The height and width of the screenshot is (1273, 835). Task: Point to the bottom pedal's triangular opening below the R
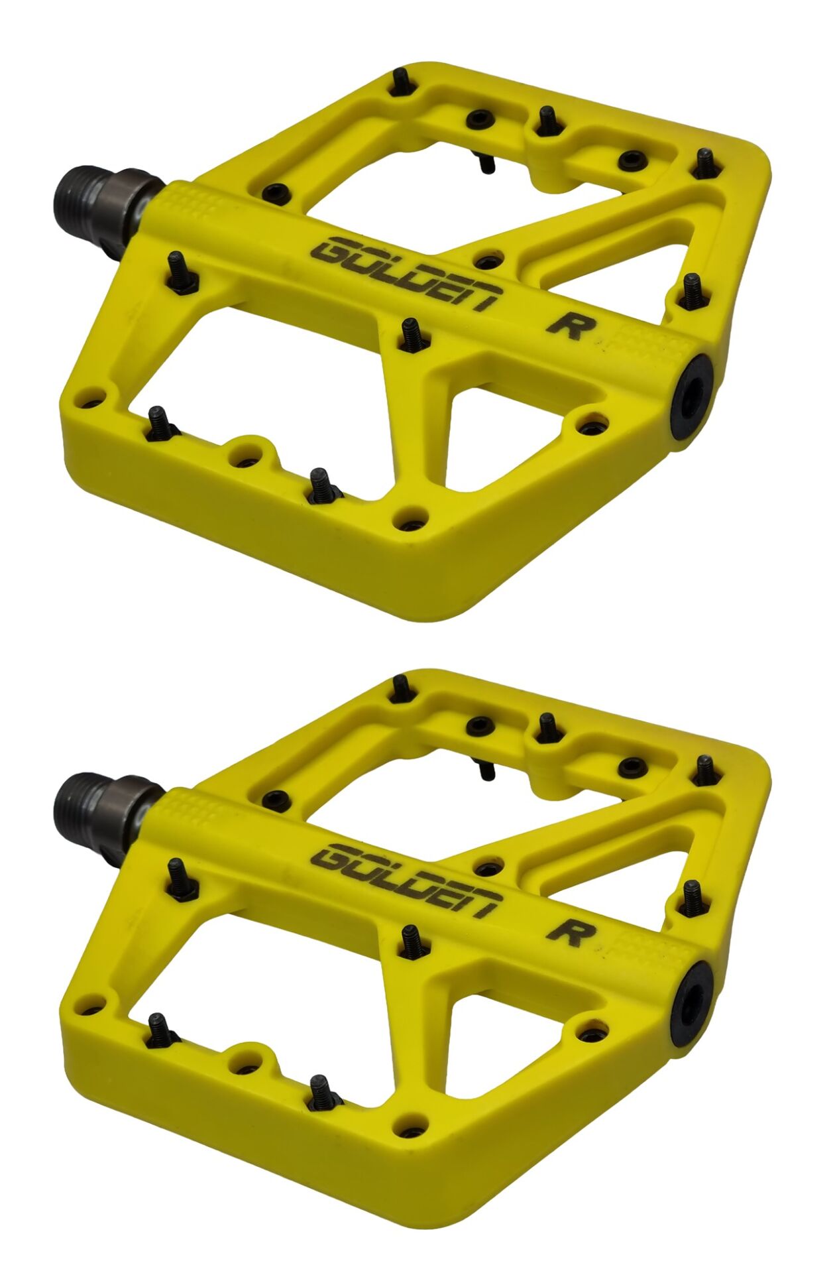(x=490, y=1036)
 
